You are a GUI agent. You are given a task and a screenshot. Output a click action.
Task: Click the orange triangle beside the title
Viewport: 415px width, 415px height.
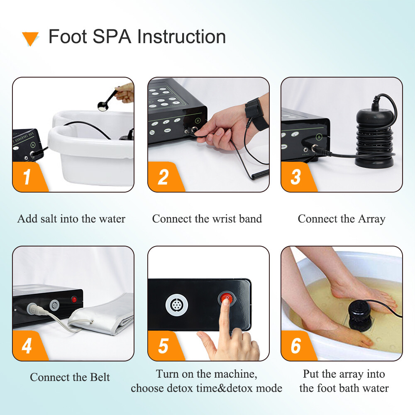coord(30,39)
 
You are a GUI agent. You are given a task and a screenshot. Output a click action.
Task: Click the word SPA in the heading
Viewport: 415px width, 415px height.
coord(112,37)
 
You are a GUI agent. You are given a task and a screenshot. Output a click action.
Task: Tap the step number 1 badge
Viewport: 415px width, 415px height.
coord(27,177)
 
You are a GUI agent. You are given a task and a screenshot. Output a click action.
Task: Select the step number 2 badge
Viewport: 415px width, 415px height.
coord(163,177)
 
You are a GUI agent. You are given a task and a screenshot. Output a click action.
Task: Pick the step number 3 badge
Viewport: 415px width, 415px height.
coord(296,177)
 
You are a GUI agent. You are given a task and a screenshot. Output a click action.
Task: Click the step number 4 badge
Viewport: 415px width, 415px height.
coord(27,346)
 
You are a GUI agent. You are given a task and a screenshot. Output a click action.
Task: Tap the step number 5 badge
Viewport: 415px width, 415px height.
coord(163,346)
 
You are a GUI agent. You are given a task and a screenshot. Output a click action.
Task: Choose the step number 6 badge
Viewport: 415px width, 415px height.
coord(296,346)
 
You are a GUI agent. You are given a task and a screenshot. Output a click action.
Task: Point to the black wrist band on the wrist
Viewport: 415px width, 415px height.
coord(252,109)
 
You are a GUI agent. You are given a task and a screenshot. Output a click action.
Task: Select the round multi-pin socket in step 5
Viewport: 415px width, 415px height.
coord(174,303)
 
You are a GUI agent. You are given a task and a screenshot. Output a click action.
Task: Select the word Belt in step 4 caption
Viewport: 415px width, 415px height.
coord(100,377)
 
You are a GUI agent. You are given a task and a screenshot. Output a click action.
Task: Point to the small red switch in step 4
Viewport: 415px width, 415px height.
coord(74,299)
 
